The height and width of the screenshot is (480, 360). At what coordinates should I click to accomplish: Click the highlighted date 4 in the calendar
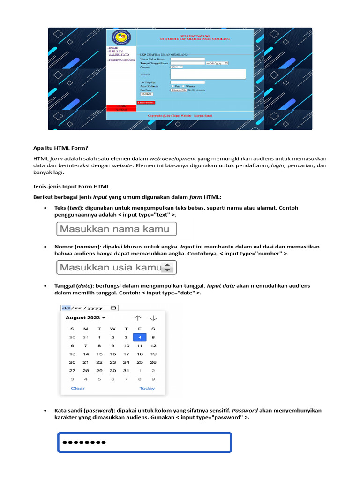[139, 337]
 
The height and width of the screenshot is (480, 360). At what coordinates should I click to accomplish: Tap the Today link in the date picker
[147, 388]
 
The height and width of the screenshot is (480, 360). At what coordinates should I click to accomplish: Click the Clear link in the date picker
[78, 388]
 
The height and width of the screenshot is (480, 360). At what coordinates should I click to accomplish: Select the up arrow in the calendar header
[138, 318]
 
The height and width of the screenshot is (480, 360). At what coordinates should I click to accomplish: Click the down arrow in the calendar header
[153, 318]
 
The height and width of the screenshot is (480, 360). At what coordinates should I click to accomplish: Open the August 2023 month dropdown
[85, 318]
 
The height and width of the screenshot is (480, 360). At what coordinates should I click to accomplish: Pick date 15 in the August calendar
[99, 354]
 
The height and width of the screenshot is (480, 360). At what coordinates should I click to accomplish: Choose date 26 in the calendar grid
[153, 362]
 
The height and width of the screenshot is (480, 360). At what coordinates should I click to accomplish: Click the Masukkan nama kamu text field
[116, 229]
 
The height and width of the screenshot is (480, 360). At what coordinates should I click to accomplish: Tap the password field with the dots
[144, 442]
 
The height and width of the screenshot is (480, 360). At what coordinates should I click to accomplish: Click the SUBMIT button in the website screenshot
[146, 94]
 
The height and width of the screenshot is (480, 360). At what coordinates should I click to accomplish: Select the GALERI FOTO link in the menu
[119, 55]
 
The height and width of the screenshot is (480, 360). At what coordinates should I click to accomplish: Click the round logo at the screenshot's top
[121, 38]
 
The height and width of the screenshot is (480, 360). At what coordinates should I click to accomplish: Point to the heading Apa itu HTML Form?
[60, 148]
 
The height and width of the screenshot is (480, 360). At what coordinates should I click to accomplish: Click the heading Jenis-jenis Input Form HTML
[71, 187]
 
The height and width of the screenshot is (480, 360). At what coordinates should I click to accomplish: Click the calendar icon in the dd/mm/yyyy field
[113, 308]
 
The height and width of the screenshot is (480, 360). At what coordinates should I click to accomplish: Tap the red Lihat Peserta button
[146, 102]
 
